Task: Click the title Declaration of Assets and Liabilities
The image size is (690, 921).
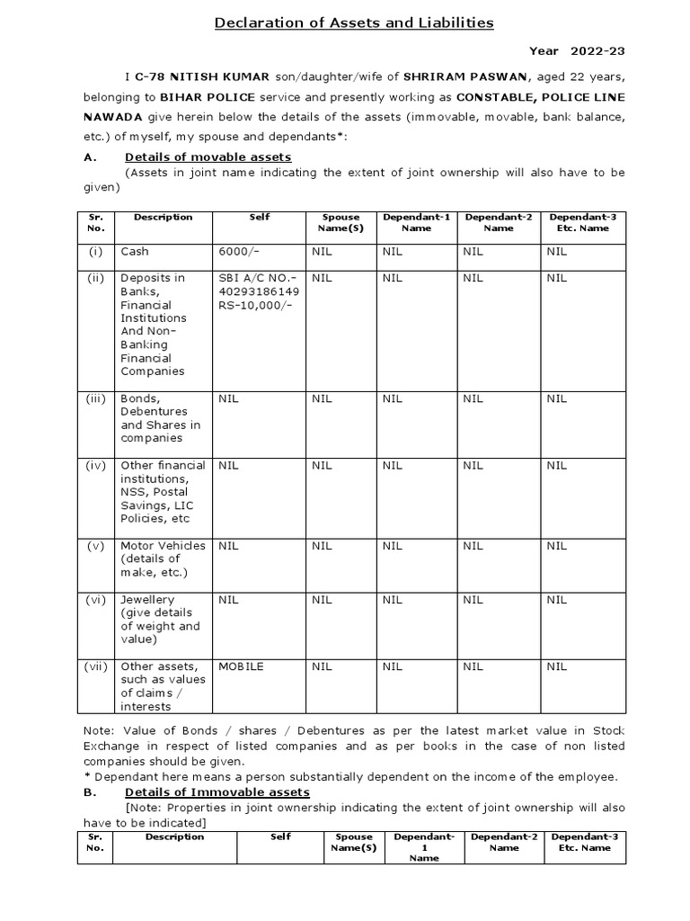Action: [x=354, y=22]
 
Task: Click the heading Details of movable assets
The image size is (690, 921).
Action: [x=208, y=157]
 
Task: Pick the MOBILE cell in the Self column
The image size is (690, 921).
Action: [x=241, y=666]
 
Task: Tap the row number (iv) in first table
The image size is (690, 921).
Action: [x=97, y=465]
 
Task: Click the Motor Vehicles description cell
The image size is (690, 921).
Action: [x=163, y=559]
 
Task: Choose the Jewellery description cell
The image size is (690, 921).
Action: [x=161, y=620]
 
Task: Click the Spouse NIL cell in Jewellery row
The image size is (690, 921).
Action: [x=322, y=599]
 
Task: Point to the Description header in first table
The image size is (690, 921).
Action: [x=163, y=217]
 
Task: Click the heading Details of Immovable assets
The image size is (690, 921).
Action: [x=217, y=791]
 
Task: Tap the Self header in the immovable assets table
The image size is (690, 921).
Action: [x=280, y=836]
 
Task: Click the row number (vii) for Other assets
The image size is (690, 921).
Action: [x=97, y=666]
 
